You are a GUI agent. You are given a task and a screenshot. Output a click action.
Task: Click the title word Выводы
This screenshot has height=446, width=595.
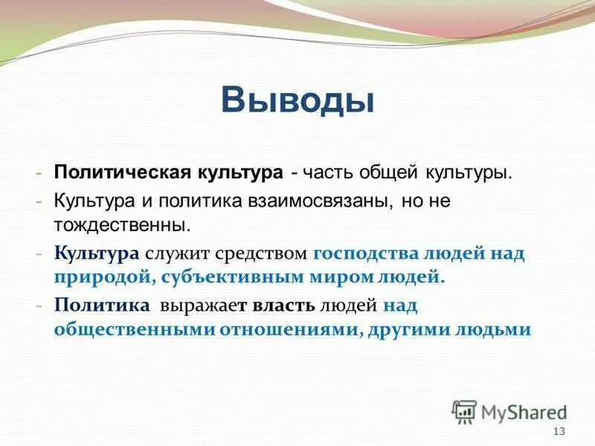tap(297, 100)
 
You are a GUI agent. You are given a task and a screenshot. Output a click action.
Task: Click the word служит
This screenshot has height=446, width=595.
tap(178, 253)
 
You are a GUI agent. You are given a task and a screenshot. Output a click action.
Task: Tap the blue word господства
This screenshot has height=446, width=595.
tap(365, 253)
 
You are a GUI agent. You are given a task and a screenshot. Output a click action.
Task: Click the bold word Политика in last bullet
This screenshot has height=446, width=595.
tap(102, 306)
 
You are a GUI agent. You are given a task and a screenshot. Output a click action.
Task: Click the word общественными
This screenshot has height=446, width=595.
tap(133, 330)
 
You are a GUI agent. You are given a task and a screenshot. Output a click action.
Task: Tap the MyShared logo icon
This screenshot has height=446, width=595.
tap(464, 411)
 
